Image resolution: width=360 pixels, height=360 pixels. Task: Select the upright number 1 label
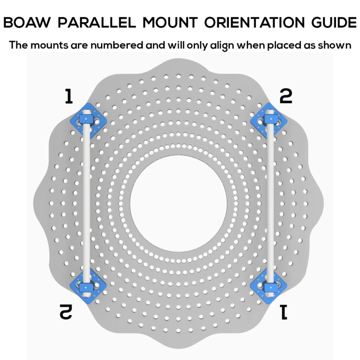click(x=69, y=97)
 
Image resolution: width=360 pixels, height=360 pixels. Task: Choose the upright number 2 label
click(x=285, y=97)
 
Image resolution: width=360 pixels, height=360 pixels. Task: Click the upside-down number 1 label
click(x=284, y=312)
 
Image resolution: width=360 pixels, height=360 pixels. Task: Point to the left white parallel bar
click(x=86, y=202)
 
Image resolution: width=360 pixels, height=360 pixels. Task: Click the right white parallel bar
click(x=270, y=202)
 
